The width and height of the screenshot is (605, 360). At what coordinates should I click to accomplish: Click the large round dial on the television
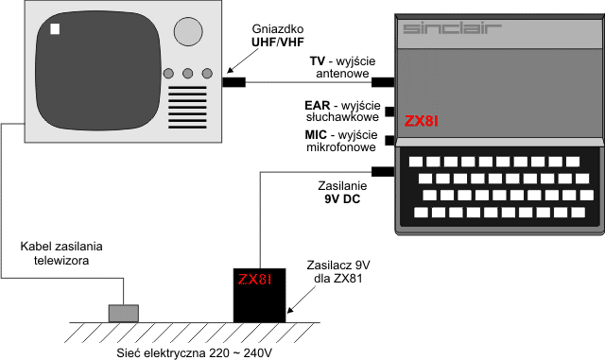click(x=188, y=31)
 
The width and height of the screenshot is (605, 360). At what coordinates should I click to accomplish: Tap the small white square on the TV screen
click(x=55, y=29)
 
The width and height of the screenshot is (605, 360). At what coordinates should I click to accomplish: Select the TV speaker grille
click(x=187, y=108)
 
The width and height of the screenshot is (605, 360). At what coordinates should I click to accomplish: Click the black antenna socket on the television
click(x=233, y=82)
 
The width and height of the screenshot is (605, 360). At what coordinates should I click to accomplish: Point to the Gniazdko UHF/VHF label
click(x=277, y=35)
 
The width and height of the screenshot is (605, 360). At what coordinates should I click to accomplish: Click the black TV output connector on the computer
click(x=383, y=82)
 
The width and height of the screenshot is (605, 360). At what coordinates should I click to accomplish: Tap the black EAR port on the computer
click(x=389, y=111)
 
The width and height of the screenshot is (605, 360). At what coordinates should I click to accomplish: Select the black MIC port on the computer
click(x=389, y=141)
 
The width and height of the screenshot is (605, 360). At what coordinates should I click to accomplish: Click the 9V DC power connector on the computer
click(x=383, y=172)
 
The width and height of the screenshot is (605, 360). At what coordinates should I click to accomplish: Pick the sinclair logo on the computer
click(x=452, y=28)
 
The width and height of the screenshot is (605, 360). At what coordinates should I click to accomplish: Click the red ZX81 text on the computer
click(x=422, y=122)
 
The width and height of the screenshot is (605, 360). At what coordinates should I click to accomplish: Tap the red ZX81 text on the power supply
click(x=255, y=279)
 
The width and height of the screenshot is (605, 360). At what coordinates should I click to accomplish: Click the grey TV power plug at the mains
click(x=124, y=313)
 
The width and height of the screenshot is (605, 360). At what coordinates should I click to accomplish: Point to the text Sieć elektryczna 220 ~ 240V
click(x=195, y=352)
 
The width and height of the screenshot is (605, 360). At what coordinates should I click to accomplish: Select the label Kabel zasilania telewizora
click(x=61, y=253)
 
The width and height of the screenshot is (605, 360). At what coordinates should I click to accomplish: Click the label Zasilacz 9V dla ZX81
click(x=338, y=271)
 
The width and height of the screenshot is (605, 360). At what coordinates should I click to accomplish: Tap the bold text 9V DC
click(x=342, y=199)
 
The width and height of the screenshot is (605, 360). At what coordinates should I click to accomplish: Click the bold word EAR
click(x=318, y=105)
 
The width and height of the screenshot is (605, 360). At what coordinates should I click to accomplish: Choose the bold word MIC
click(x=316, y=135)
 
